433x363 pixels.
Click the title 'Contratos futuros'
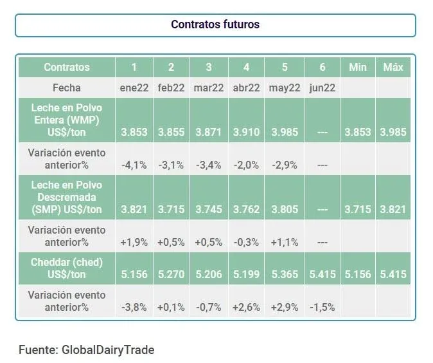215,24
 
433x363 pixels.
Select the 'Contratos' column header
67,67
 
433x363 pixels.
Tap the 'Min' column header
358,67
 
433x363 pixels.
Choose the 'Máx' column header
393,67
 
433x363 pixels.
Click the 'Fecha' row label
67,88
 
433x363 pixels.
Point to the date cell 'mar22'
209,88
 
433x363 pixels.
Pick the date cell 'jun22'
322,88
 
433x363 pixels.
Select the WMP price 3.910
247,132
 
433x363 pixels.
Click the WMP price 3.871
209,132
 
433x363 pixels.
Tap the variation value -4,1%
134,165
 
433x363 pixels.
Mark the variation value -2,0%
247,165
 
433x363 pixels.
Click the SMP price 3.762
247,210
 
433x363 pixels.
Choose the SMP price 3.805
285,210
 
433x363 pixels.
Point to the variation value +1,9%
134,243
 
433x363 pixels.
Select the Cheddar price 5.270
171,275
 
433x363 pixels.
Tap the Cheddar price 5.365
285,275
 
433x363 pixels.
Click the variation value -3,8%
134,307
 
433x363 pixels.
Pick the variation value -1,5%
322,307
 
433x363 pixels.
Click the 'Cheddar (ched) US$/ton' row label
67,268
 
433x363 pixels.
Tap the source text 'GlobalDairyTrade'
108,350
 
